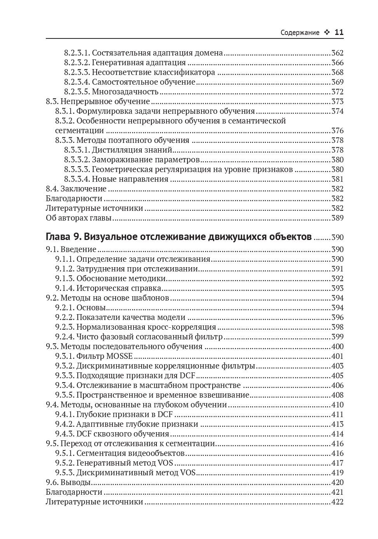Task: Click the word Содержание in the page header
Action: (x=300, y=33)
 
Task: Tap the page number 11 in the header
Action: (x=339, y=33)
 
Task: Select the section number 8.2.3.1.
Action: (x=77, y=53)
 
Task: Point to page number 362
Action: (x=337, y=53)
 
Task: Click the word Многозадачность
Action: (x=125, y=92)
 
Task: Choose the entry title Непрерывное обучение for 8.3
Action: (x=105, y=102)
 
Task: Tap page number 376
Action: (x=337, y=131)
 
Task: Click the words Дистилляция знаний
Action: (x=132, y=150)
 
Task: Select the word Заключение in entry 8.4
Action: (x=83, y=189)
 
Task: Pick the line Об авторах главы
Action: (x=79, y=218)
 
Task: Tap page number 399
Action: (x=337, y=337)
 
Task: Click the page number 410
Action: (x=337, y=405)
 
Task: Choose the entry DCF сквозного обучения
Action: (x=123, y=434)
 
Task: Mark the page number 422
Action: (x=337, y=502)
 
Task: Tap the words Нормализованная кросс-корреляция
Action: (x=146, y=327)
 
